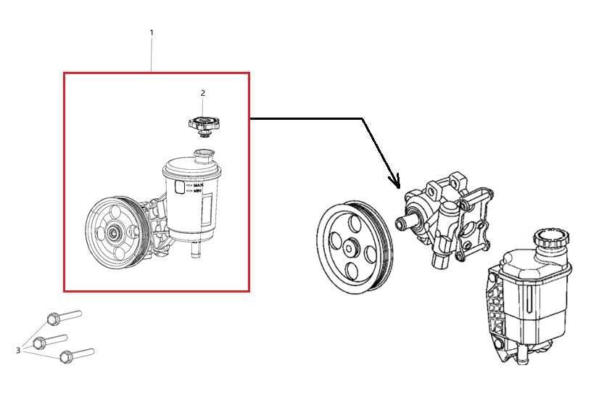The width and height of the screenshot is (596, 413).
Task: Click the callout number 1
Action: click(x=152, y=33)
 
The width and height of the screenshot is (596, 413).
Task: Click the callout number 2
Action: click(x=202, y=93)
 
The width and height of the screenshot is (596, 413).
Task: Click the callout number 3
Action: click(x=18, y=350)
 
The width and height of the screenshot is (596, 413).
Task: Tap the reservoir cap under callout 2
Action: click(x=204, y=126)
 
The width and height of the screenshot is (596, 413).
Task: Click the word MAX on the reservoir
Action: click(x=199, y=185)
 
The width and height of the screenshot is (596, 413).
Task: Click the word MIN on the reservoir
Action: click(x=198, y=191)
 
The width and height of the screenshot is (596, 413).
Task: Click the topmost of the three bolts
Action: click(x=64, y=317)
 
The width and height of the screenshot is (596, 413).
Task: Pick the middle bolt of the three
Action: click(x=50, y=341)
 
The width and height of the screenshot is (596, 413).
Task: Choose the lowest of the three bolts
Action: click(x=77, y=355)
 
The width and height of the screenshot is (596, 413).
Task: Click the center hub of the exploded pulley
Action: click(x=349, y=248)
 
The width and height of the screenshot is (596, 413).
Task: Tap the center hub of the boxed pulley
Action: click(x=112, y=233)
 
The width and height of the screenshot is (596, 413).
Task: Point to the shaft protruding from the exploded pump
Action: click(x=405, y=222)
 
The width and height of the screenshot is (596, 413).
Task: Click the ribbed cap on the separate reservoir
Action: click(x=552, y=238)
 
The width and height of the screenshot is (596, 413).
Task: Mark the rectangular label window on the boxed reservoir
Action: click(x=207, y=211)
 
